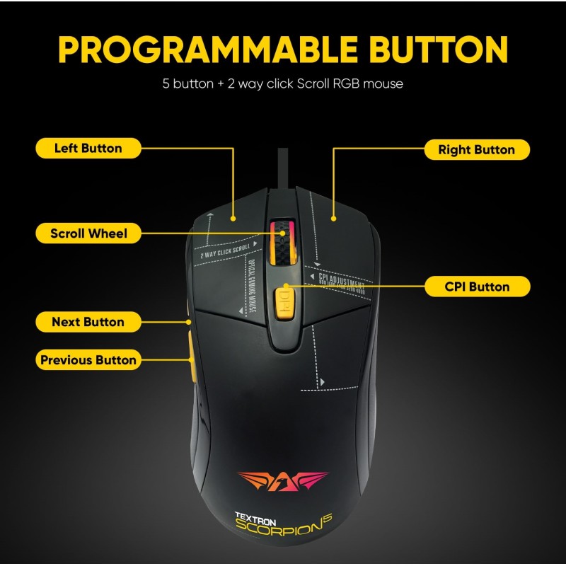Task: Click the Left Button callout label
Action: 88,149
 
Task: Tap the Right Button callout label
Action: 476,150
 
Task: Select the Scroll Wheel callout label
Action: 88,233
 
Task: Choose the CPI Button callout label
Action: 476,287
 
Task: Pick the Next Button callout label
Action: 88,322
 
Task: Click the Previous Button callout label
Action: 88,360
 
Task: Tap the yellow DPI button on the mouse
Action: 283,303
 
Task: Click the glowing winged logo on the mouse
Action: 283,480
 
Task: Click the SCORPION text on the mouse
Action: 282,531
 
